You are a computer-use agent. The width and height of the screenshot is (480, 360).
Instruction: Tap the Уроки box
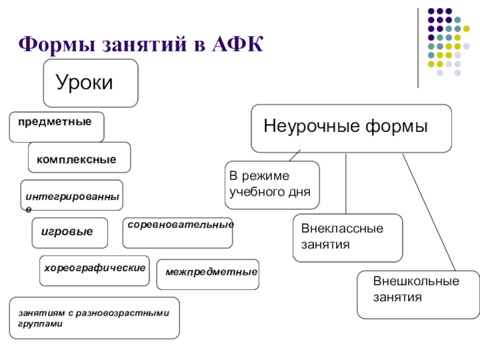pyautogui.click(x=90, y=83)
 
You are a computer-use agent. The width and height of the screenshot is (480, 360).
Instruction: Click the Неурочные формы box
pyautogui.click(x=351, y=128)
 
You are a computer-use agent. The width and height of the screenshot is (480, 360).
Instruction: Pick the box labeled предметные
pyautogui.click(x=56, y=127)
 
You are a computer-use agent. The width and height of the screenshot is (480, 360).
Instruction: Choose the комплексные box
pyautogui.click(x=79, y=157)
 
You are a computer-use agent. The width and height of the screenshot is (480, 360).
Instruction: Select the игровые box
pyautogui.click(x=70, y=233)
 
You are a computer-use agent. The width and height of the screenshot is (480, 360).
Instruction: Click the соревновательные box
pyautogui.click(x=177, y=233)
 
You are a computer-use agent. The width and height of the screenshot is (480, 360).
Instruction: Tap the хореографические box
pyautogui.click(x=94, y=271)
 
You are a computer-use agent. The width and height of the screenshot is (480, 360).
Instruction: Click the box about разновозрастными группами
pyautogui.click(x=94, y=317)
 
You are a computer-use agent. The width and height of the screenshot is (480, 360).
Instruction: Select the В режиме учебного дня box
pyautogui.click(x=272, y=184)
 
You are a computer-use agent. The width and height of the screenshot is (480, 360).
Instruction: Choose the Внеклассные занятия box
pyautogui.click(x=347, y=238)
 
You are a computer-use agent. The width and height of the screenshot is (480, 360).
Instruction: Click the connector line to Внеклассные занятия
pyautogui.click(x=346, y=183)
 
